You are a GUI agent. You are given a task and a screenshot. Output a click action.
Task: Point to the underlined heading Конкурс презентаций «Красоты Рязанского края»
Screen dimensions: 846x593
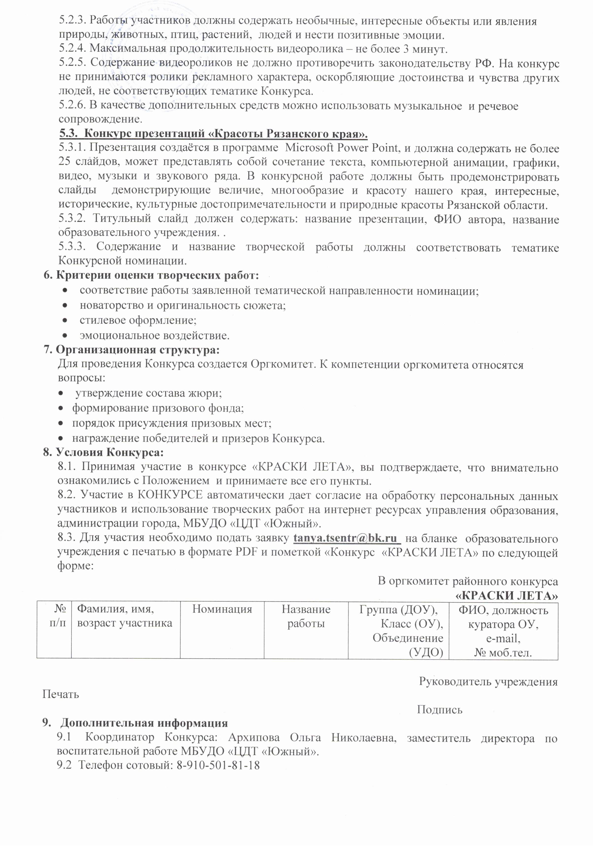point(214,133)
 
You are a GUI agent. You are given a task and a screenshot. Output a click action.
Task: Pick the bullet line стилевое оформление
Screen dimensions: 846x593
point(138,320)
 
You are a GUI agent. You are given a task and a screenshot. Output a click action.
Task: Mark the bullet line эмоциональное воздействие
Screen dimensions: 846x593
point(154,335)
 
